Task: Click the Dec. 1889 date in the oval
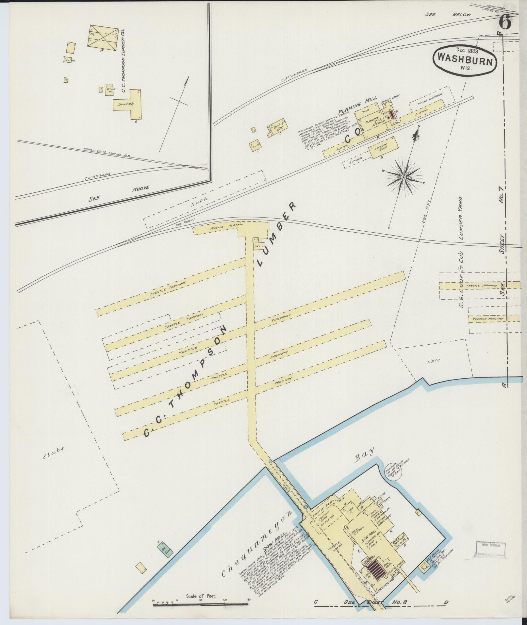point(468,51)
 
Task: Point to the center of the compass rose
point(403,177)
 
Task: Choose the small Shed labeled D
point(255,146)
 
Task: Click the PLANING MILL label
point(358,105)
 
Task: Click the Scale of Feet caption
point(201,596)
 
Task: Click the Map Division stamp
point(488,545)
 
